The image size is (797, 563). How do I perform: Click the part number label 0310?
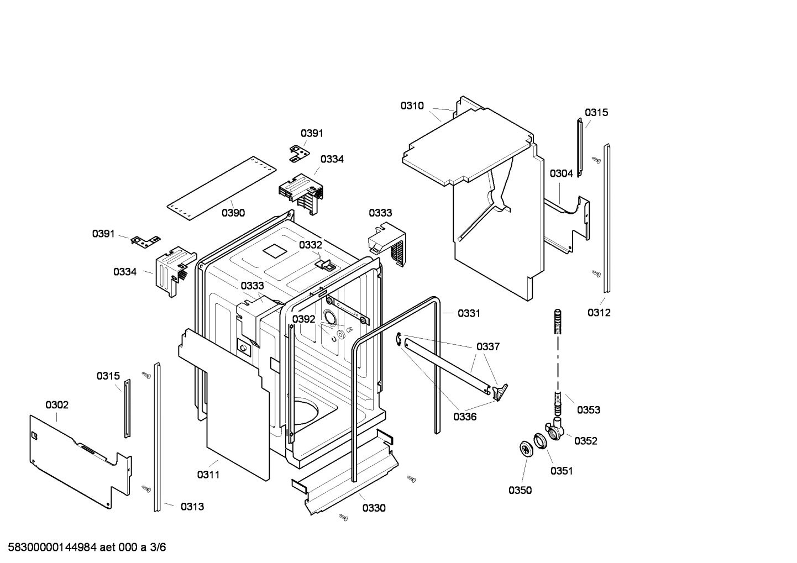tap(412, 106)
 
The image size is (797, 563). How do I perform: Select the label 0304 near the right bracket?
tap(561, 173)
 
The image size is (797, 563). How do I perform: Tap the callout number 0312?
tap(599, 313)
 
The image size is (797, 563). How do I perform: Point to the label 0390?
tap(233, 213)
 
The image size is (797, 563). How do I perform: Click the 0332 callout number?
tap(310, 245)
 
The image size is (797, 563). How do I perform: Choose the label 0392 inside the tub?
tap(303, 319)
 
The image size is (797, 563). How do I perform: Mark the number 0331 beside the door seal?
tap(469, 313)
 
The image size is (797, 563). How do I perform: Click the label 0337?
tap(488, 346)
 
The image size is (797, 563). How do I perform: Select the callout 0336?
tap(465, 417)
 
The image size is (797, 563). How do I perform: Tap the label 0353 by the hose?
tap(589, 410)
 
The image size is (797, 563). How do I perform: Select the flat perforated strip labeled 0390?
tap(221, 182)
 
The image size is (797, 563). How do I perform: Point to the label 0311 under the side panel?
tap(208, 474)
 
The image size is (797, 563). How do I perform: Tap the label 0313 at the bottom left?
tap(192, 506)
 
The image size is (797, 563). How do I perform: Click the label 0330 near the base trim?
tap(374, 508)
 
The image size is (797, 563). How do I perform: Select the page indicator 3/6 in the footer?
tap(158, 548)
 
